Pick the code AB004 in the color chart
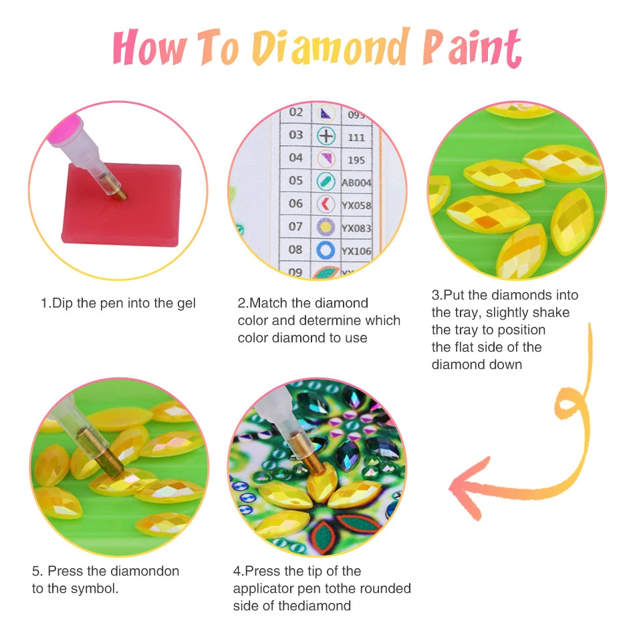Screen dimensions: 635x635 click(x=356, y=182)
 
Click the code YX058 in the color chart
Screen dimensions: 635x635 click(x=356, y=205)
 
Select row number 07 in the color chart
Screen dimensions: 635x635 click(x=295, y=227)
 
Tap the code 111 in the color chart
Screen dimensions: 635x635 click(x=356, y=136)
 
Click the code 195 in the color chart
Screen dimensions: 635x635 click(x=356, y=159)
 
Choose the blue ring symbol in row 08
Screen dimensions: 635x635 click(x=326, y=251)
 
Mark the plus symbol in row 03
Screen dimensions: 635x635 click(x=326, y=136)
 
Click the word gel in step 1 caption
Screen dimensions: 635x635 click(x=185, y=303)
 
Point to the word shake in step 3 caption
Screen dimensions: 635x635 click(x=549, y=313)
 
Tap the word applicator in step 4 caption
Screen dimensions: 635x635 click(x=263, y=589)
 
